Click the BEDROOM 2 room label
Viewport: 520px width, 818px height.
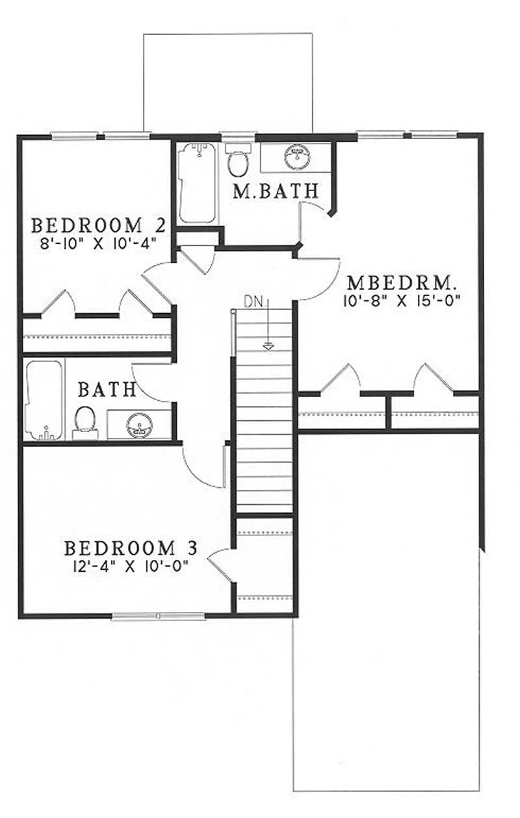click(x=98, y=225)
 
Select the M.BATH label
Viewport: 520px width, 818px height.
click(x=276, y=190)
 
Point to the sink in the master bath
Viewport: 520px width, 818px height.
click(x=297, y=156)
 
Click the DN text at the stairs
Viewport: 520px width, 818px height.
click(x=252, y=301)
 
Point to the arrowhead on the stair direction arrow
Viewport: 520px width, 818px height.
click(x=267, y=346)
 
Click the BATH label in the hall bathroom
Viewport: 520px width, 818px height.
click(x=107, y=390)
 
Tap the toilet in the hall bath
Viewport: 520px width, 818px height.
click(x=84, y=420)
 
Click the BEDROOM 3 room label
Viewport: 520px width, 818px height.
click(x=129, y=548)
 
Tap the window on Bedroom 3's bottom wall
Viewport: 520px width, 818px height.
click(x=159, y=616)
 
